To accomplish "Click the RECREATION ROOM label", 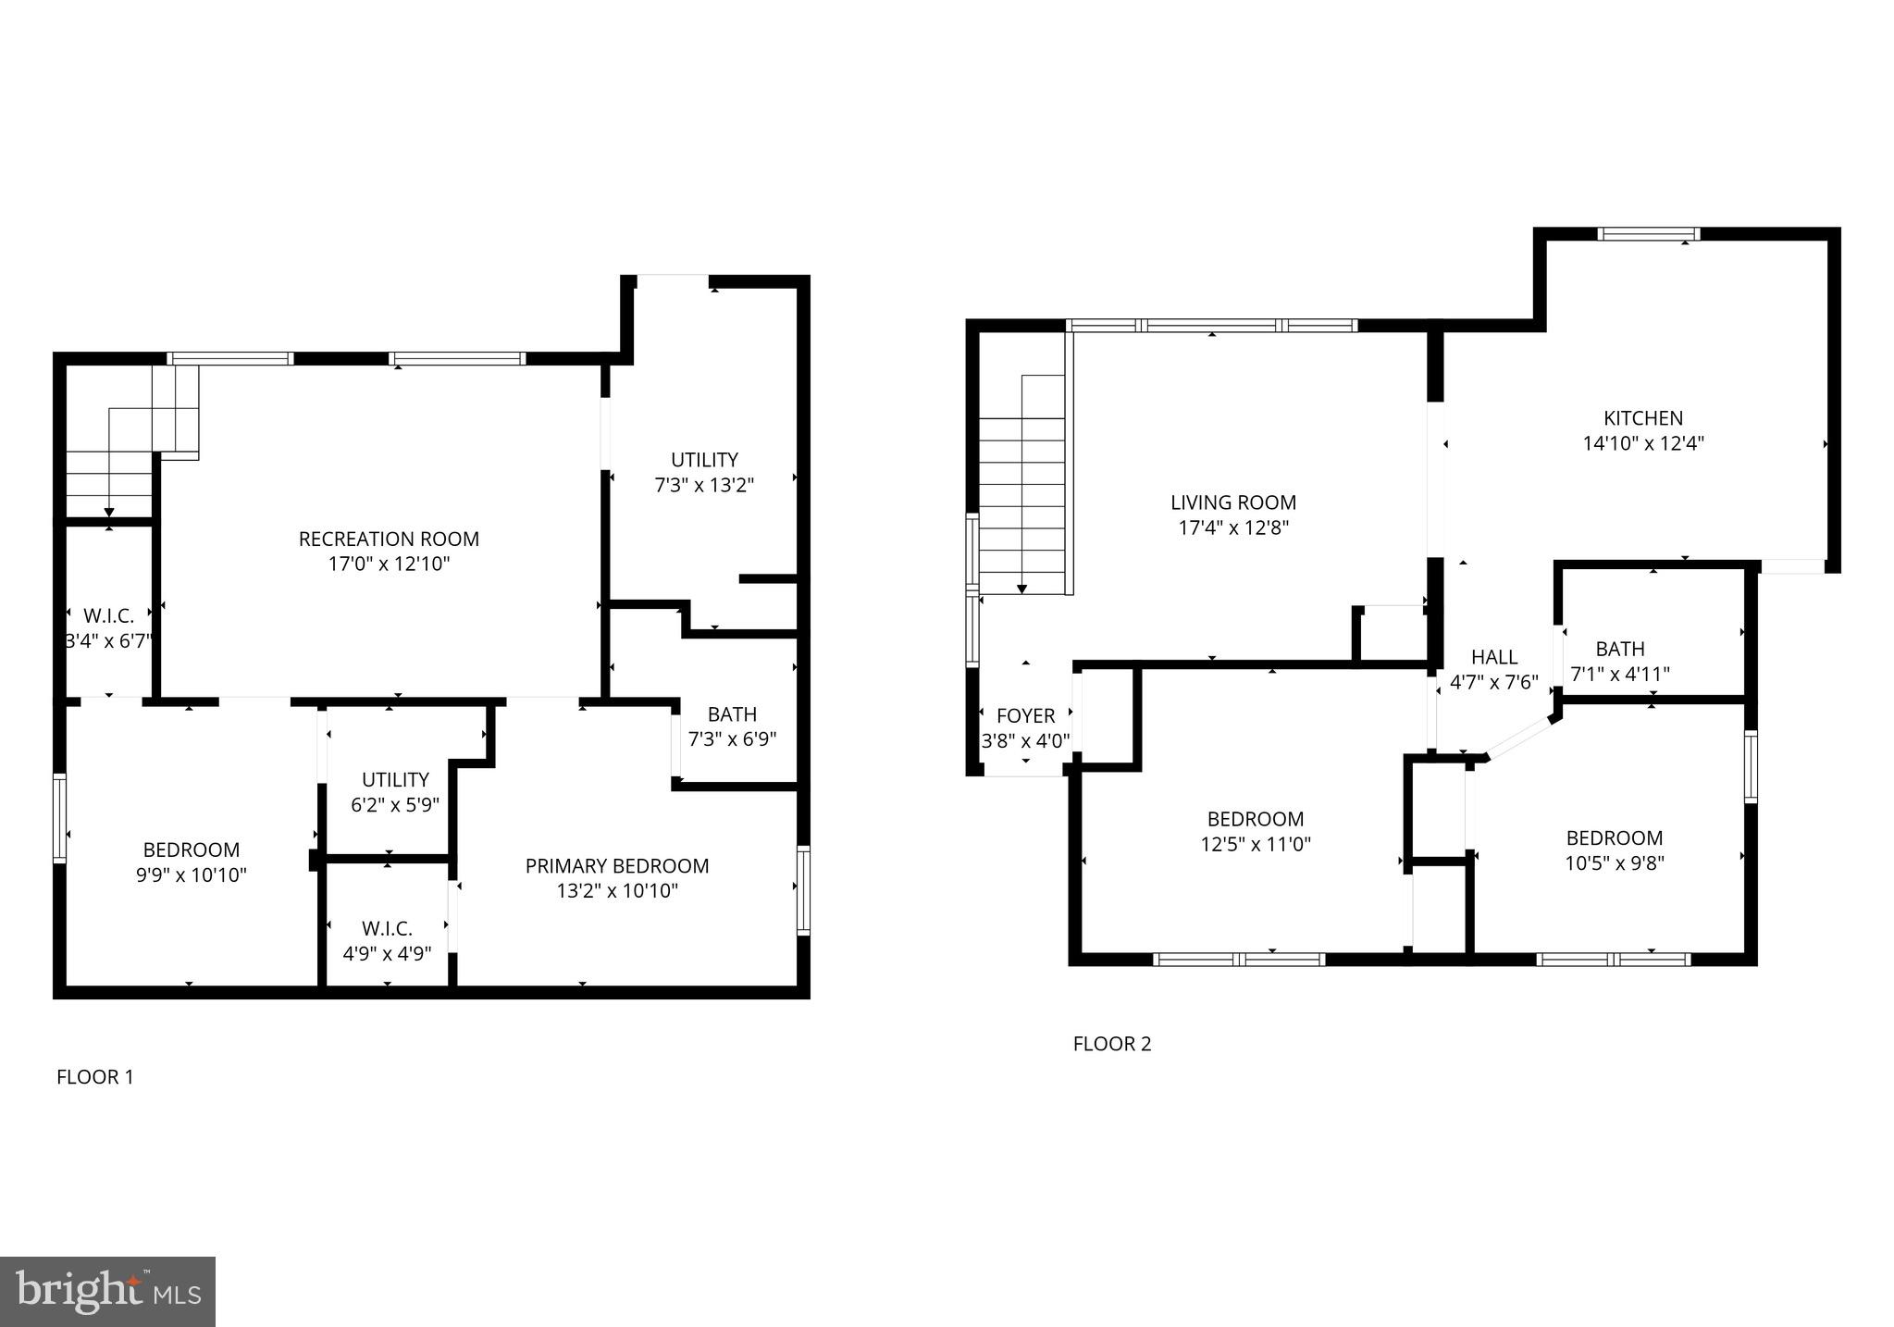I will (389, 539).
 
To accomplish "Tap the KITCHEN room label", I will (1643, 418).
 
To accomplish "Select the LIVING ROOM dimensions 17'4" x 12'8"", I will (1233, 528).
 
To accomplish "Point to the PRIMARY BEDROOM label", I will (617, 866).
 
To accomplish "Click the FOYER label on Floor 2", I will (1025, 715).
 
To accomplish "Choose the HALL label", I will (1493, 657).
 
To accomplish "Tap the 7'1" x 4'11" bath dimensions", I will (1619, 675).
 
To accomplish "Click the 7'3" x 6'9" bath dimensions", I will (732, 739).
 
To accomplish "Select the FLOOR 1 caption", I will (95, 1077).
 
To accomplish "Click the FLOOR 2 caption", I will (1111, 1044).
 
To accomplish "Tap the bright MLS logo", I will (107, 1292).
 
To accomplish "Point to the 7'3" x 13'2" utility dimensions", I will (704, 485).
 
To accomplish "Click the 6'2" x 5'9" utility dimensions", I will (395, 805).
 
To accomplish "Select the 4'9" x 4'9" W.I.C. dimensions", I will (387, 953).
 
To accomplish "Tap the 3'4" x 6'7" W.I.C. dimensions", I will (108, 640).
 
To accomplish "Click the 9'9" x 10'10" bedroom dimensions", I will (192, 874).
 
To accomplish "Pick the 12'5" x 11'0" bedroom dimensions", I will (1255, 844).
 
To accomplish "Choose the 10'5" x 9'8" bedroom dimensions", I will (1614, 863).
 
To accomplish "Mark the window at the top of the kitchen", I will (1650, 234).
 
